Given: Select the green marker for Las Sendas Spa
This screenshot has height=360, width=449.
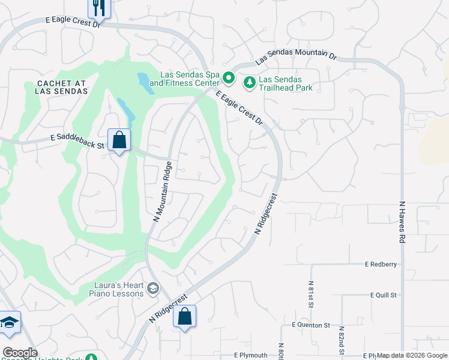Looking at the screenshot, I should click(228, 77).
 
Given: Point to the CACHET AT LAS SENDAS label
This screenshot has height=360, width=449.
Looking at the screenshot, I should click(53, 88).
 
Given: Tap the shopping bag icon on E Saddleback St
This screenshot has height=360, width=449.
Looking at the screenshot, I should click(119, 140).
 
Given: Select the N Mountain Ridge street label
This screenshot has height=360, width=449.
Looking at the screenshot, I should click(160, 191).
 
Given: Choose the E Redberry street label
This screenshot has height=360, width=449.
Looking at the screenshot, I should click(381, 264).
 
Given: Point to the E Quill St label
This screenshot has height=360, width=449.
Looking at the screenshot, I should click(385, 295).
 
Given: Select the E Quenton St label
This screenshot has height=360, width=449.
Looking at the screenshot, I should click(311, 325).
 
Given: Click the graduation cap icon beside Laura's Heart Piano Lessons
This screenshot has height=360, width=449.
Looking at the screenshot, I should click(152, 289).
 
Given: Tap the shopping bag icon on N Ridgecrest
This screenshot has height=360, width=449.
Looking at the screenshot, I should click(184, 316).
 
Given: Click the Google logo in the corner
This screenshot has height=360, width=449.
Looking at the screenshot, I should click(20, 353).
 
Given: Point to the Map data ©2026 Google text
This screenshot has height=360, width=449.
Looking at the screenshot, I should click(412, 356).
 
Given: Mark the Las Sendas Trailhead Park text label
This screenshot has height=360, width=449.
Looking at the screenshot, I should click(286, 83).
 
